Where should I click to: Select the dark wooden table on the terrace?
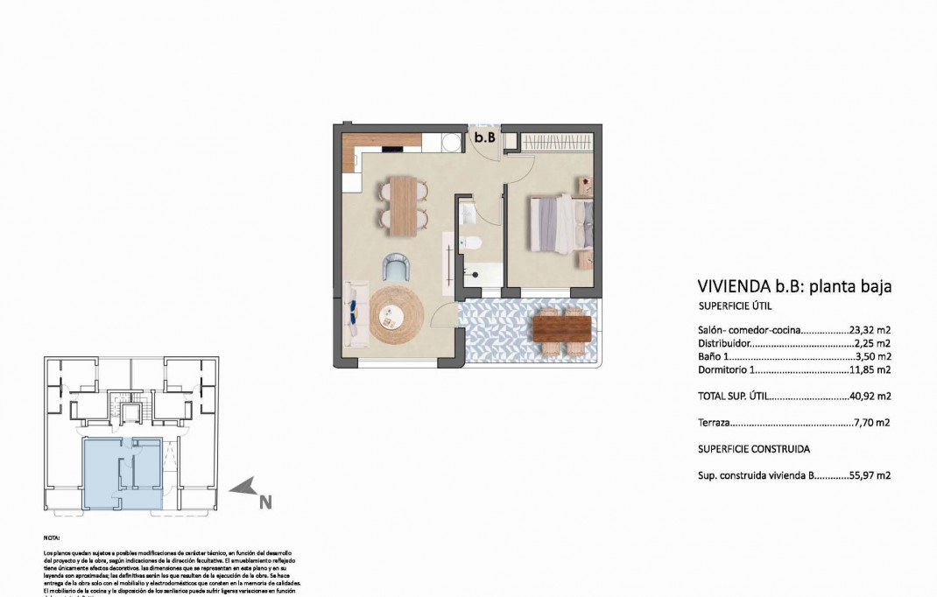point(560,327)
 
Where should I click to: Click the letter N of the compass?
point(264,502)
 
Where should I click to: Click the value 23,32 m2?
point(870,330)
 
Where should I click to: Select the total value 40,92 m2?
point(870,396)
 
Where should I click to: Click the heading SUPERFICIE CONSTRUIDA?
point(753,449)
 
